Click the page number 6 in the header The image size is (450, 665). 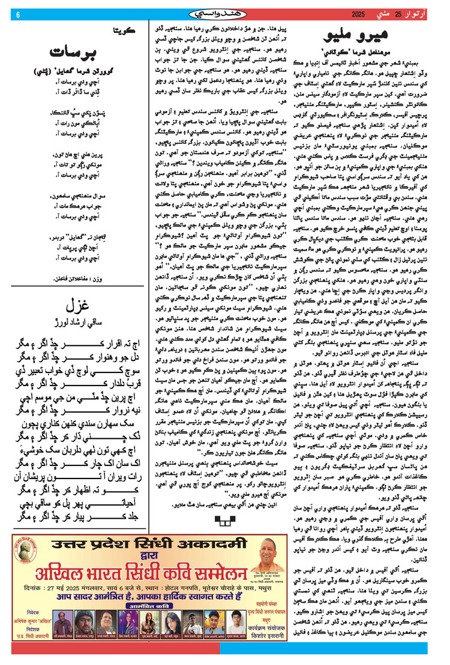(x=17, y=15)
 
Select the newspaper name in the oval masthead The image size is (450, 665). (x=225, y=14)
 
